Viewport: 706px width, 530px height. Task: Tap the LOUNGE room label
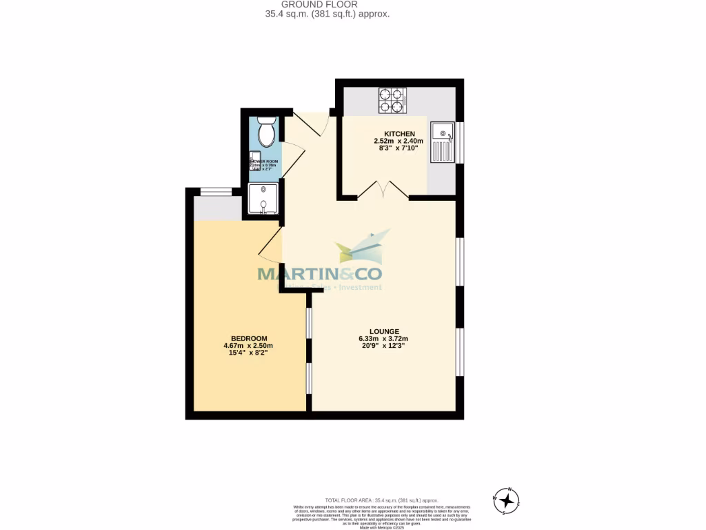click(383, 331)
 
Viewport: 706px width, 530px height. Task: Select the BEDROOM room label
click(248, 338)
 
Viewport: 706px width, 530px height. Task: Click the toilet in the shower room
click(266, 129)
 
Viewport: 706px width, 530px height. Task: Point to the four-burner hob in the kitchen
click(392, 100)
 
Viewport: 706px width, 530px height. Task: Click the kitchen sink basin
click(440, 132)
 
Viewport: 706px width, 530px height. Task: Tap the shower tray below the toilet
click(263, 199)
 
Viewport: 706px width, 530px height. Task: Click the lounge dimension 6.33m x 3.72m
click(383, 339)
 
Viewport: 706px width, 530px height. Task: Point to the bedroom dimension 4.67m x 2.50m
click(248, 346)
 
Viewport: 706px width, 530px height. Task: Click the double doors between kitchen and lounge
click(383, 190)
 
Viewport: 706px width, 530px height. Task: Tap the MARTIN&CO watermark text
click(319, 274)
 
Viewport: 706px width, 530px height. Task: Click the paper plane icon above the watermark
click(363, 245)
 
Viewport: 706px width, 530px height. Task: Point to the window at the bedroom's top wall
click(216, 192)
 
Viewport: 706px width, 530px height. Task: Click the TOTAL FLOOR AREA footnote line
click(381, 500)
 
